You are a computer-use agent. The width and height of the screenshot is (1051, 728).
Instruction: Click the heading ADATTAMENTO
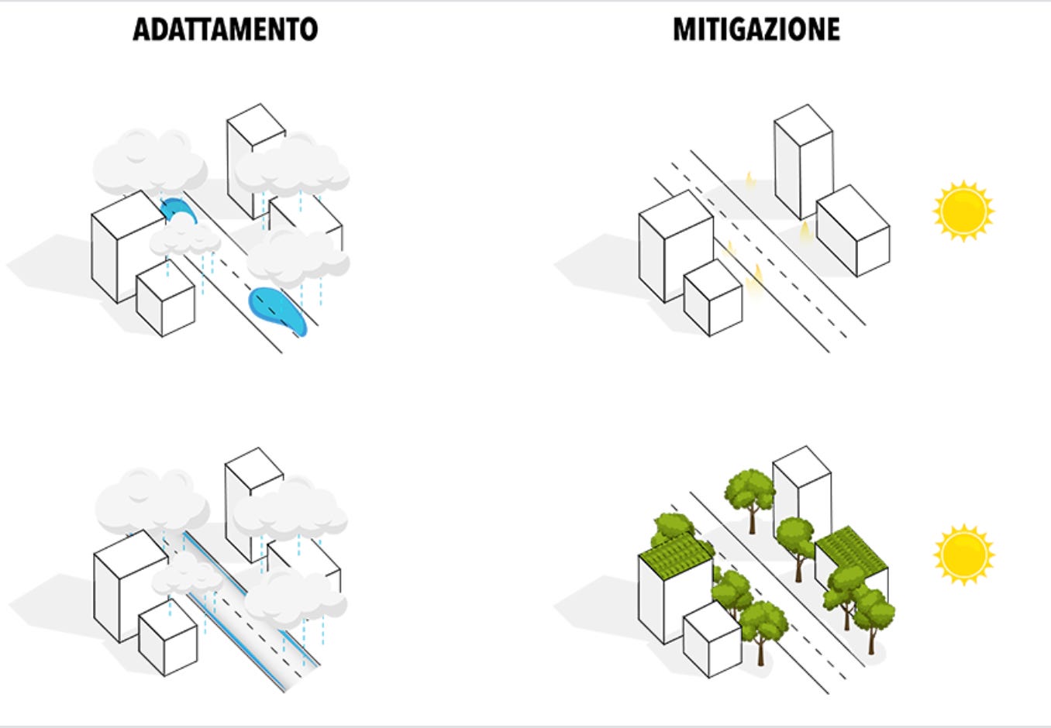[225, 29]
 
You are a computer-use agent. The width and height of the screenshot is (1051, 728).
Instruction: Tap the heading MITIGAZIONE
[756, 29]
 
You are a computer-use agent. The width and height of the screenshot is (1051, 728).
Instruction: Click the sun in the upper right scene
[963, 211]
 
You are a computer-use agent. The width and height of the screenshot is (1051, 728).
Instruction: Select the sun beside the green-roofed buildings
[963, 554]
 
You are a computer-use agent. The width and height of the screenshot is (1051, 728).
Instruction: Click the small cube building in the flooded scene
[165, 300]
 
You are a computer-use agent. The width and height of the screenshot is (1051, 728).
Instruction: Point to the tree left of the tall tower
[750, 493]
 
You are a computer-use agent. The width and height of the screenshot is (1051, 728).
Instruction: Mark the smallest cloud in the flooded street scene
[184, 236]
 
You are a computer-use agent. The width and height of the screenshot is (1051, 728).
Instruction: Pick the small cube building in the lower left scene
[167, 637]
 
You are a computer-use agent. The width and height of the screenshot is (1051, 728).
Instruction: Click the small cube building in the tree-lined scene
[712, 640]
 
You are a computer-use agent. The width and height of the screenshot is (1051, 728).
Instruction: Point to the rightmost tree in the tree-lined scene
[873, 612]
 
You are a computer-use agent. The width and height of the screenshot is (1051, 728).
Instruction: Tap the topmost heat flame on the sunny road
[749, 180]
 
